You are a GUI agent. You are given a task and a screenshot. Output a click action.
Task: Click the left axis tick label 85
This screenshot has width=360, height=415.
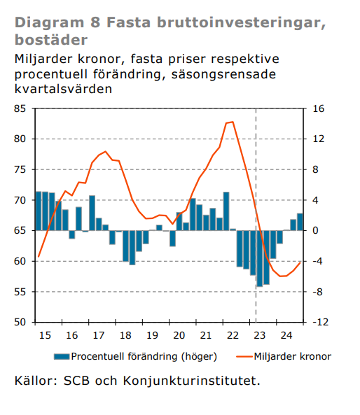(x=20, y=108)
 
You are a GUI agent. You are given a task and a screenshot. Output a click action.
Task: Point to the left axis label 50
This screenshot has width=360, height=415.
(x=20, y=322)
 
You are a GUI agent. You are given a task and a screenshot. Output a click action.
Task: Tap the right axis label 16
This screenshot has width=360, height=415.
(x=319, y=108)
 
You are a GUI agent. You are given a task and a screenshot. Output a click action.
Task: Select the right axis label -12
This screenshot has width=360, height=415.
(x=321, y=322)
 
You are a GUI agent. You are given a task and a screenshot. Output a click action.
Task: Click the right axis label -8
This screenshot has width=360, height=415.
(x=317, y=292)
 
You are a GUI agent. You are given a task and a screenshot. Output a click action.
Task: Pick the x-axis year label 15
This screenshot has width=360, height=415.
(x=45, y=335)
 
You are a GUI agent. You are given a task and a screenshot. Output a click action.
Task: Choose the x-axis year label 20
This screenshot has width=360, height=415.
(x=179, y=335)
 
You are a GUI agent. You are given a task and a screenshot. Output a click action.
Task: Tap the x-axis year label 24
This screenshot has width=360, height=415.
(x=286, y=335)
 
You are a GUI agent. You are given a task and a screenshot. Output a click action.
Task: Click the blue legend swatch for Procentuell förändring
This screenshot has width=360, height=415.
(x=62, y=356)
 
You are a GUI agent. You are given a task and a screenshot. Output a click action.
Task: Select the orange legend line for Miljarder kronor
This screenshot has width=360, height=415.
(x=244, y=356)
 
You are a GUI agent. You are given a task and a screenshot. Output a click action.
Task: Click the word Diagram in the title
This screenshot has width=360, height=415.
(x=49, y=23)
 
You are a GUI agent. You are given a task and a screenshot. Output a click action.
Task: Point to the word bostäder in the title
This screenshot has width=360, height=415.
(x=51, y=40)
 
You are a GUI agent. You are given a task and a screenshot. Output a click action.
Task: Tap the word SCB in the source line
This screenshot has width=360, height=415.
(x=76, y=381)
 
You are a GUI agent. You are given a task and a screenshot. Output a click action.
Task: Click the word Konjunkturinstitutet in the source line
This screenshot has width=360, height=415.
(x=191, y=381)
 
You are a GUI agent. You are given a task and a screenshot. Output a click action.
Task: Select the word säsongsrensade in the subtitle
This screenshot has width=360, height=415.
(x=223, y=74)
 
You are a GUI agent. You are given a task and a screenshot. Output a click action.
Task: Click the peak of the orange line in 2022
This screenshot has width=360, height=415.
(x=233, y=122)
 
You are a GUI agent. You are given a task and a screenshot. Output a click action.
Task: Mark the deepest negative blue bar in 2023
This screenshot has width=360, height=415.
(x=260, y=258)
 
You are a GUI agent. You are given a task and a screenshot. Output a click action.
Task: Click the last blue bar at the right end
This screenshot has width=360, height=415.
(x=300, y=222)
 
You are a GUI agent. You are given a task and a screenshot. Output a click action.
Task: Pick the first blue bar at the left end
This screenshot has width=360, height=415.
(x=39, y=211)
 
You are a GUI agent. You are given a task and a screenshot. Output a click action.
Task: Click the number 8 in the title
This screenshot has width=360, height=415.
(x=95, y=22)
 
